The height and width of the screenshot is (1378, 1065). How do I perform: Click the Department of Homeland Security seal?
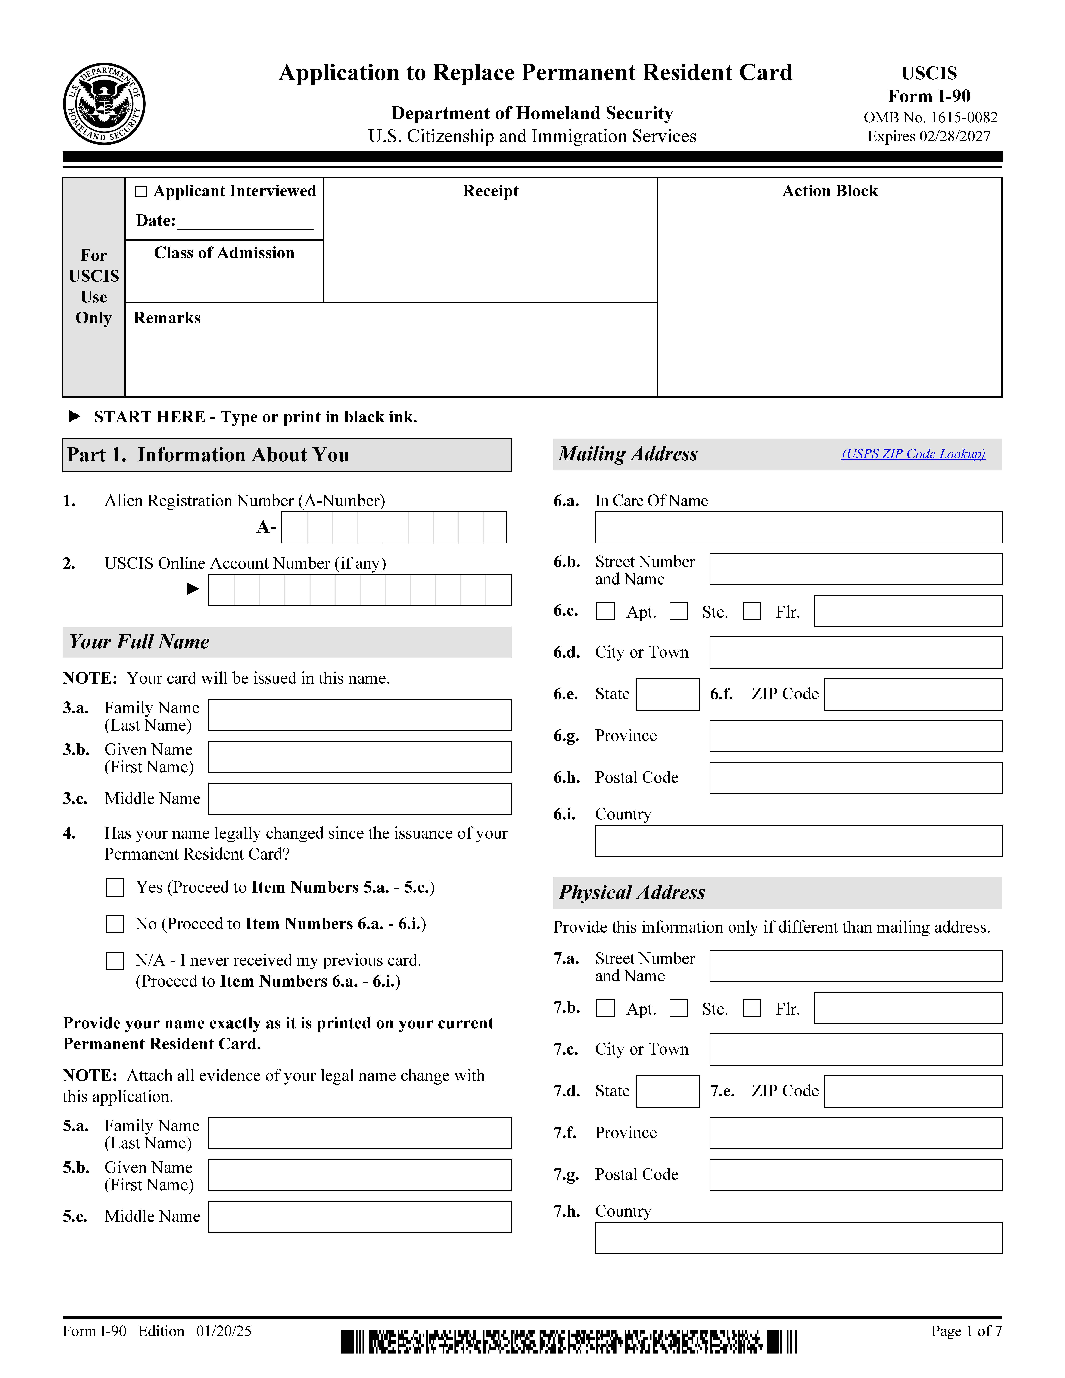click(x=104, y=104)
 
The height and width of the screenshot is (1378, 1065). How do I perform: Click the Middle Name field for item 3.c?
click(x=360, y=799)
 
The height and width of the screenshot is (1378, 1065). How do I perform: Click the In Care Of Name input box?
click(x=798, y=528)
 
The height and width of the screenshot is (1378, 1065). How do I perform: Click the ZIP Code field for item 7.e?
click(x=913, y=1092)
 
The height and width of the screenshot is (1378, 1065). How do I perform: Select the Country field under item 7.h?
click(x=798, y=1238)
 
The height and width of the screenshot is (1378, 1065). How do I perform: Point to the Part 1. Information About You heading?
click(x=208, y=455)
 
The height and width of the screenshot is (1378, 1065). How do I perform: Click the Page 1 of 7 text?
click(x=966, y=1331)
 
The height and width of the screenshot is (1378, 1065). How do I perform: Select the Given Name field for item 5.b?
click(x=360, y=1175)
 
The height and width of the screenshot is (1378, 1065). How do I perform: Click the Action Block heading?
click(x=830, y=191)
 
